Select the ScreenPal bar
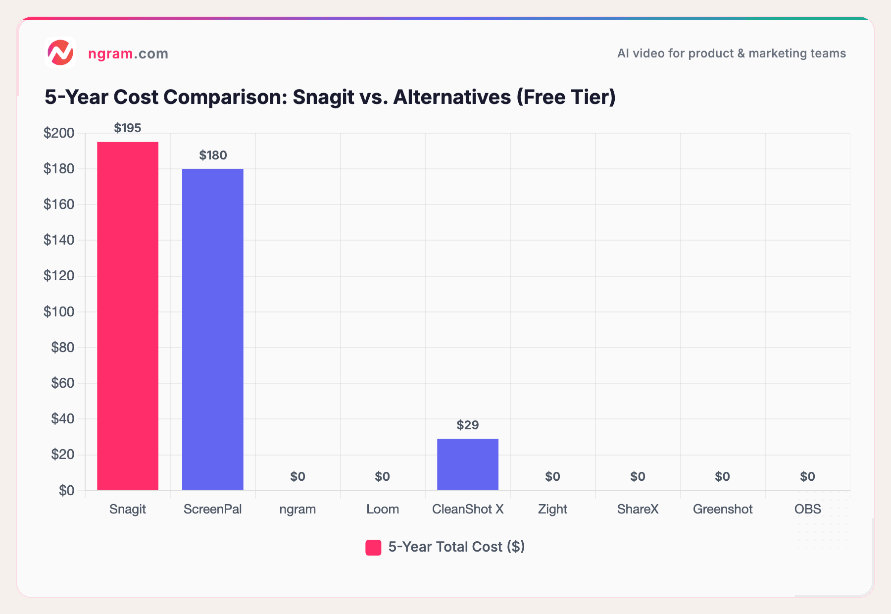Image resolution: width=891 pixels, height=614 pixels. (x=213, y=329)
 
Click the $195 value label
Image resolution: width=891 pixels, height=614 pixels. (x=128, y=128)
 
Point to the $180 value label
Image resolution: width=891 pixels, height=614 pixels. (x=213, y=155)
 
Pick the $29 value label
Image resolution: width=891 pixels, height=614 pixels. (x=468, y=425)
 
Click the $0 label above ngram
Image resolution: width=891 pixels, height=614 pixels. (x=297, y=477)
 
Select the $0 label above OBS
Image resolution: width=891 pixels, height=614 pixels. (x=807, y=477)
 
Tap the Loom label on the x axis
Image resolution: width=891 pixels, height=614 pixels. (x=383, y=510)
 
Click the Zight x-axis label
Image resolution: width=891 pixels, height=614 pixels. (x=552, y=510)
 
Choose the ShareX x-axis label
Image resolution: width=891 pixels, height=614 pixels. (x=638, y=510)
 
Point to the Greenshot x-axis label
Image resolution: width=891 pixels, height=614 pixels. (x=723, y=510)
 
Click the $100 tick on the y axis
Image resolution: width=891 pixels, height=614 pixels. (x=59, y=312)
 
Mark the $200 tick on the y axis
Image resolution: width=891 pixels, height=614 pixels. (x=59, y=133)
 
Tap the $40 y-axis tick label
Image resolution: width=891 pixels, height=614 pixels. (x=62, y=419)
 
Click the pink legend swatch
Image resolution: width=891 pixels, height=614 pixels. (x=373, y=548)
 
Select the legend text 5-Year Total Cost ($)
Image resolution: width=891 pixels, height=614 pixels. (x=456, y=547)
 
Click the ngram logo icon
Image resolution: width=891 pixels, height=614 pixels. (x=60, y=53)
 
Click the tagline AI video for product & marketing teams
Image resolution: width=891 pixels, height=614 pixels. (x=731, y=53)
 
